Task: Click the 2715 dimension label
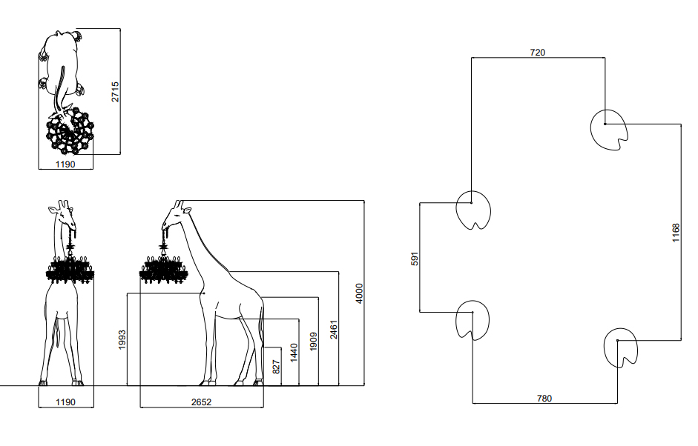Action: [115, 92]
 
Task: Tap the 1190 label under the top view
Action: [65, 164]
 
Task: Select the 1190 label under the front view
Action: [66, 402]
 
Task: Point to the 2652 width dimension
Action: [200, 402]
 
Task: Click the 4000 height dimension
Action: [359, 293]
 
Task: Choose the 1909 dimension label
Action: [313, 342]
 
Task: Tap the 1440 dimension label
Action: [293, 352]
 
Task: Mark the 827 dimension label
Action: [276, 366]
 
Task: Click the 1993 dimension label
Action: [122, 339]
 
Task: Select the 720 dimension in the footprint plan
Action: [538, 53]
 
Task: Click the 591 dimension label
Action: [415, 258]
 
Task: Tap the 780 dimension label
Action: [544, 398]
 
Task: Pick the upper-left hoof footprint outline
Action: [473, 209]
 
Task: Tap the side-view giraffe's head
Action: [174, 214]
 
